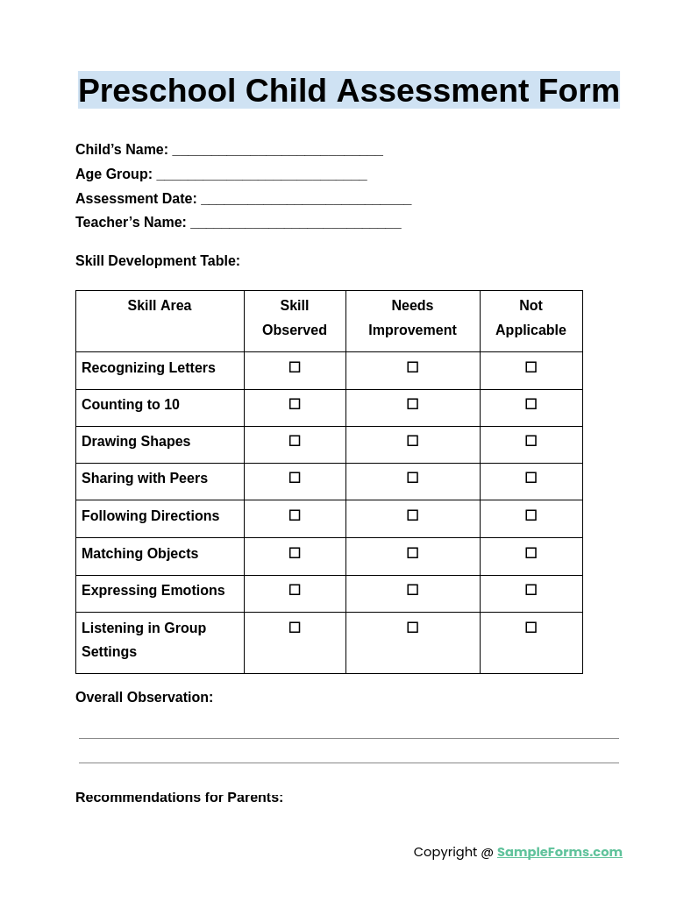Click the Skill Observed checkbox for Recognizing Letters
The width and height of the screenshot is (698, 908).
tap(295, 367)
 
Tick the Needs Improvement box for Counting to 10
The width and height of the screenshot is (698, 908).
tap(412, 404)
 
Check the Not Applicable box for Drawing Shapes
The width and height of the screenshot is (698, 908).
tap(531, 441)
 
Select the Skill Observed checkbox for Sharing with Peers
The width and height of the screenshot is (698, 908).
tap(295, 478)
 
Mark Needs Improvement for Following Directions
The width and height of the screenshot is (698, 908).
tap(412, 515)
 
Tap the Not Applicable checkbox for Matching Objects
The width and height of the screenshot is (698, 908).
tap(531, 553)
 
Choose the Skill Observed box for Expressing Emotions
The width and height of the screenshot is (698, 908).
tap(295, 590)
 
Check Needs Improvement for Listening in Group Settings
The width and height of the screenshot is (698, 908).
tap(412, 628)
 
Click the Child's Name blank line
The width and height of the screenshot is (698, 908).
tap(277, 151)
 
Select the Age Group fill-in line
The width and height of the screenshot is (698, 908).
tap(261, 175)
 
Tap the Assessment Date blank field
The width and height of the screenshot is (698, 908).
tap(306, 200)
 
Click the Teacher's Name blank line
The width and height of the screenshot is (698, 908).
tap(296, 223)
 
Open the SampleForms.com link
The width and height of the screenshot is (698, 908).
tap(559, 852)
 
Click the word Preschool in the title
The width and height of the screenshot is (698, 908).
tap(157, 91)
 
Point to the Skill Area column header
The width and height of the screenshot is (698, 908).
tap(160, 306)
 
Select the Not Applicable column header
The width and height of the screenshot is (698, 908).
tap(531, 318)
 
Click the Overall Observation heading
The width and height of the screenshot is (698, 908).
tap(144, 698)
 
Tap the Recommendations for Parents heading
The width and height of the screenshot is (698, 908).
tap(179, 798)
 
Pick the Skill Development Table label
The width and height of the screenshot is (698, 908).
tap(158, 261)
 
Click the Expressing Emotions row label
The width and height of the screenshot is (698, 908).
tap(153, 591)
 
